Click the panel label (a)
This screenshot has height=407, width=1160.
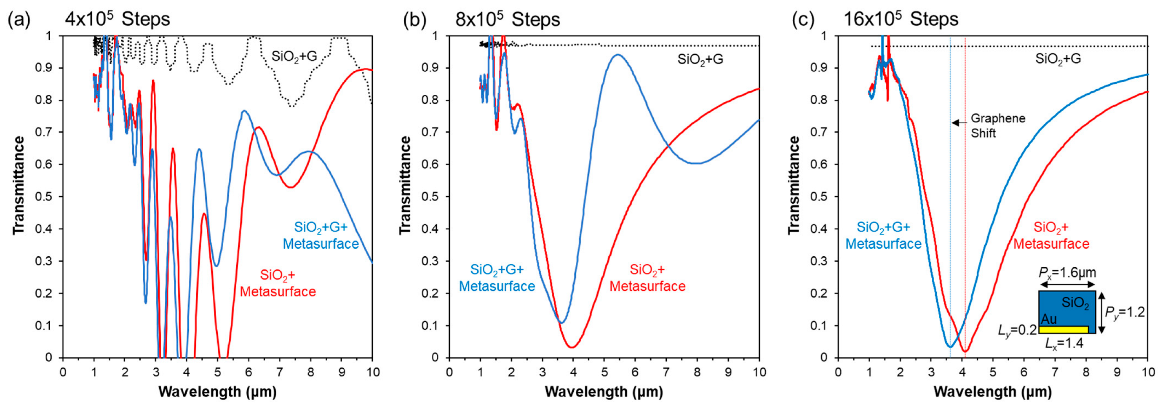point(19,20)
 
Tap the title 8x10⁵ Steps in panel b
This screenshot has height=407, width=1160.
point(508,20)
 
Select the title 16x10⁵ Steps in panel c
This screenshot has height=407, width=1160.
point(901,20)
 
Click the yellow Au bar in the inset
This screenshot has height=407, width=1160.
point(1063,330)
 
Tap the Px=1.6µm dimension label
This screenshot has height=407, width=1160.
point(1067,273)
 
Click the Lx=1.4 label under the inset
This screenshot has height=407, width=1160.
point(1064,343)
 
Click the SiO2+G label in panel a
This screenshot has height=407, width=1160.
point(294,57)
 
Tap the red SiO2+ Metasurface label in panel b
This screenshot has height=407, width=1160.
point(647,278)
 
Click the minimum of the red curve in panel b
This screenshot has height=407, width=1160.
point(572,347)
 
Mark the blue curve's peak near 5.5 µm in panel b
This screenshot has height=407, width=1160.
point(617,55)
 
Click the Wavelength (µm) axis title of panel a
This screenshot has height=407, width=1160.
point(217,392)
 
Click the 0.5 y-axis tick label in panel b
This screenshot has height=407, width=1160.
point(430,197)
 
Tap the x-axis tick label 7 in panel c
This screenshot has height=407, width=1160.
point(1055,372)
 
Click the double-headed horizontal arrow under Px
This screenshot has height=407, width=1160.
point(1067,285)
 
